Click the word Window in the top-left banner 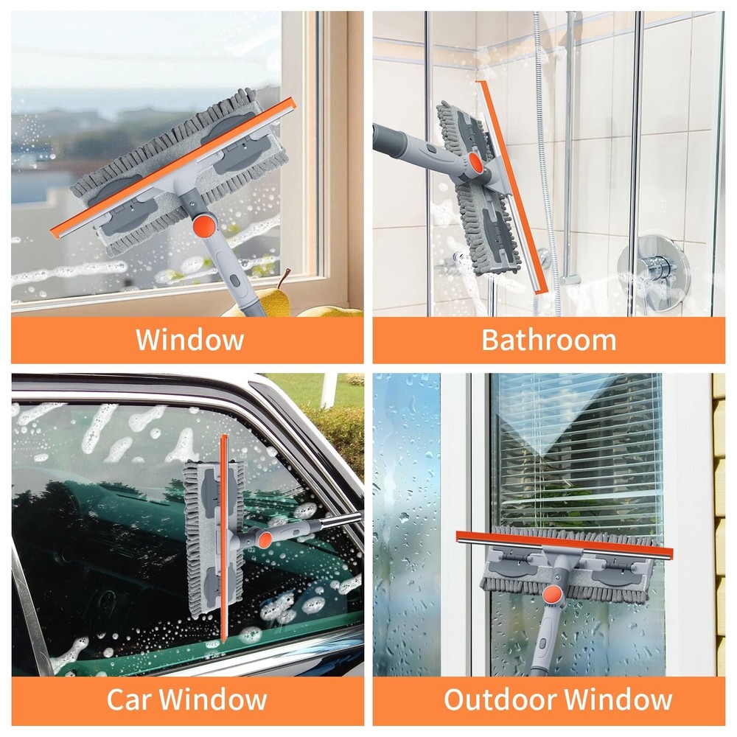(x=189, y=340)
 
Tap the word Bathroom (x=548, y=340)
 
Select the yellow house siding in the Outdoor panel (x=719, y=516)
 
